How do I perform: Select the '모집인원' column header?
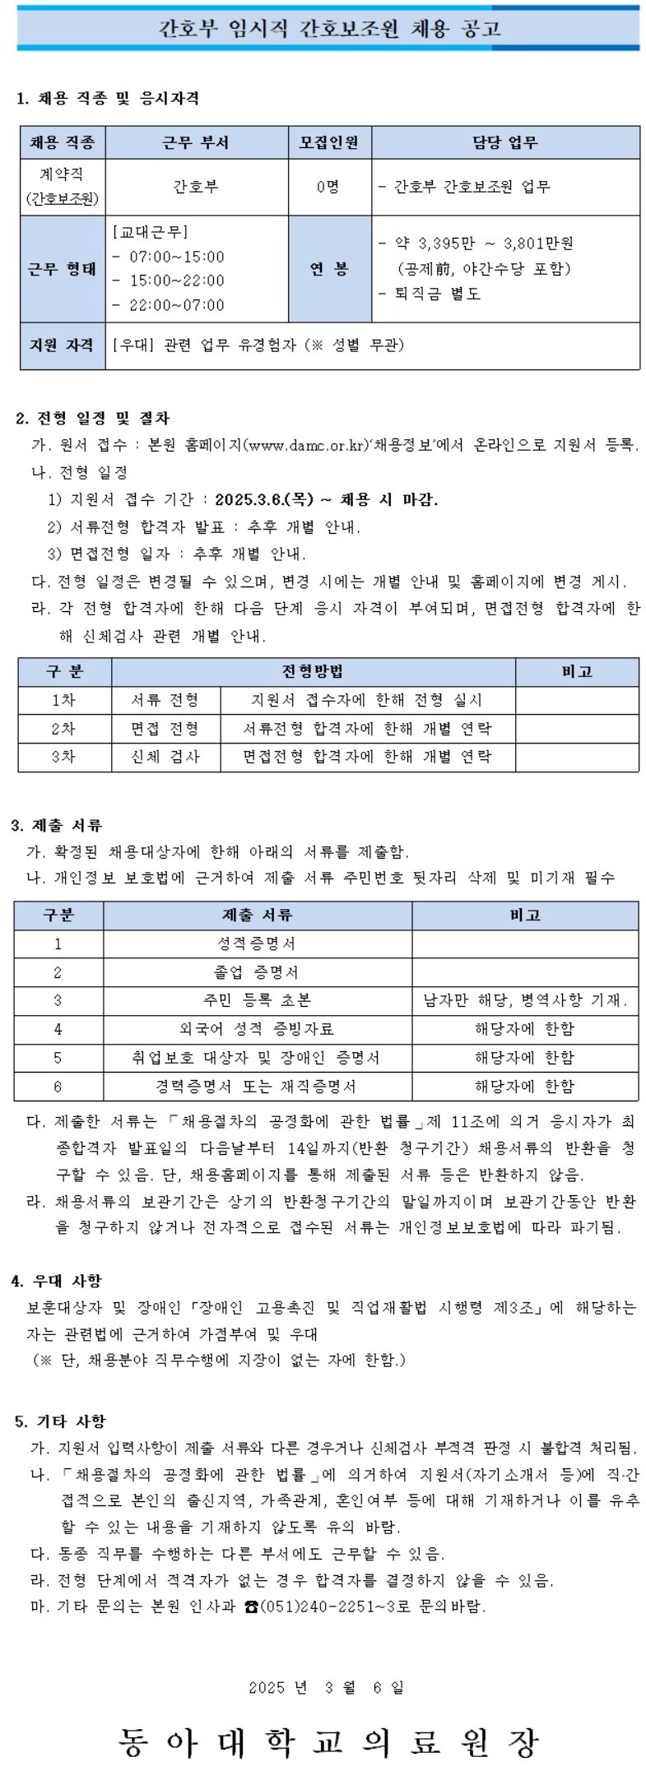tap(328, 142)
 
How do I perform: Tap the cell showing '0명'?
tap(328, 187)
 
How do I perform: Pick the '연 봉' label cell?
tap(328, 269)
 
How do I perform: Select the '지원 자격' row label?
tap(62, 345)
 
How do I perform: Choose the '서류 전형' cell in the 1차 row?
tap(165, 700)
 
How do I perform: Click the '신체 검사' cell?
tap(165, 757)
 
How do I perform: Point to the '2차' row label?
tap(63, 729)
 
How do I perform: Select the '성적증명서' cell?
tap(256, 943)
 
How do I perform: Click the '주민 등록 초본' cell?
tap(256, 1000)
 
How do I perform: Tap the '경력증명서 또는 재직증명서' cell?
tap(256, 1087)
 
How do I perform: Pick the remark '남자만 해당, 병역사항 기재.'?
tap(524, 1000)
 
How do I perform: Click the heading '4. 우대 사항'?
tap(57, 1281)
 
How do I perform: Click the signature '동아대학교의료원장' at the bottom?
tap(327, 1741)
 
